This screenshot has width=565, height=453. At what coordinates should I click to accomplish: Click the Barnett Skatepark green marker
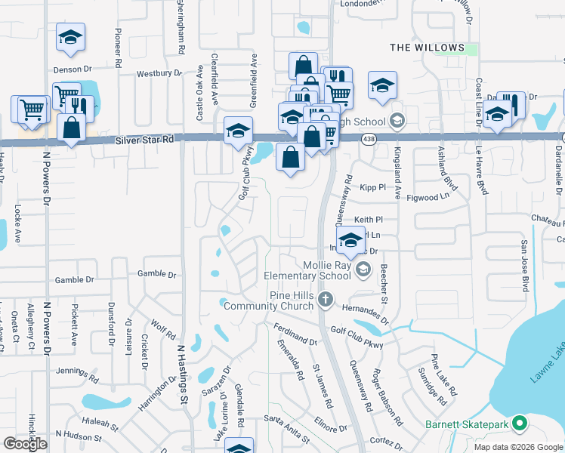[x=520, y=424]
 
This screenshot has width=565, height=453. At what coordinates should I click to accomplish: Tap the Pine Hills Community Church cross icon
[x=325, y=300]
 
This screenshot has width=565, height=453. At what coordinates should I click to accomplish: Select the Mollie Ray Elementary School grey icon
[x=363, y=270]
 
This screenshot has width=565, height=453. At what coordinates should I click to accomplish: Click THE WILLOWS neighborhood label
[x=427, y=48]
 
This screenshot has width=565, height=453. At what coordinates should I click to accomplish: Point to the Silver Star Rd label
[x=145, y=140]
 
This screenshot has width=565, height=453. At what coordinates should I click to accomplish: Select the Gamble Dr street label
[x=157, y=275]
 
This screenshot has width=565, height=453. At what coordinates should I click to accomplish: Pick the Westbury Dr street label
[x=157, y=74]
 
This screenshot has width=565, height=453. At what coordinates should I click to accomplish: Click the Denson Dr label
[x=73, y=69]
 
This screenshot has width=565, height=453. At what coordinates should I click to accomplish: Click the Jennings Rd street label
[x=78, y=373]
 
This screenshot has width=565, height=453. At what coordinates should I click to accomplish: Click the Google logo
[x=25, y=444]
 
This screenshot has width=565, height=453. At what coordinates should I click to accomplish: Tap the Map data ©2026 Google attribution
[x=517, y=447]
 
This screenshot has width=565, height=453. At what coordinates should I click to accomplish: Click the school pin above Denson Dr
[x=70, y=38]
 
